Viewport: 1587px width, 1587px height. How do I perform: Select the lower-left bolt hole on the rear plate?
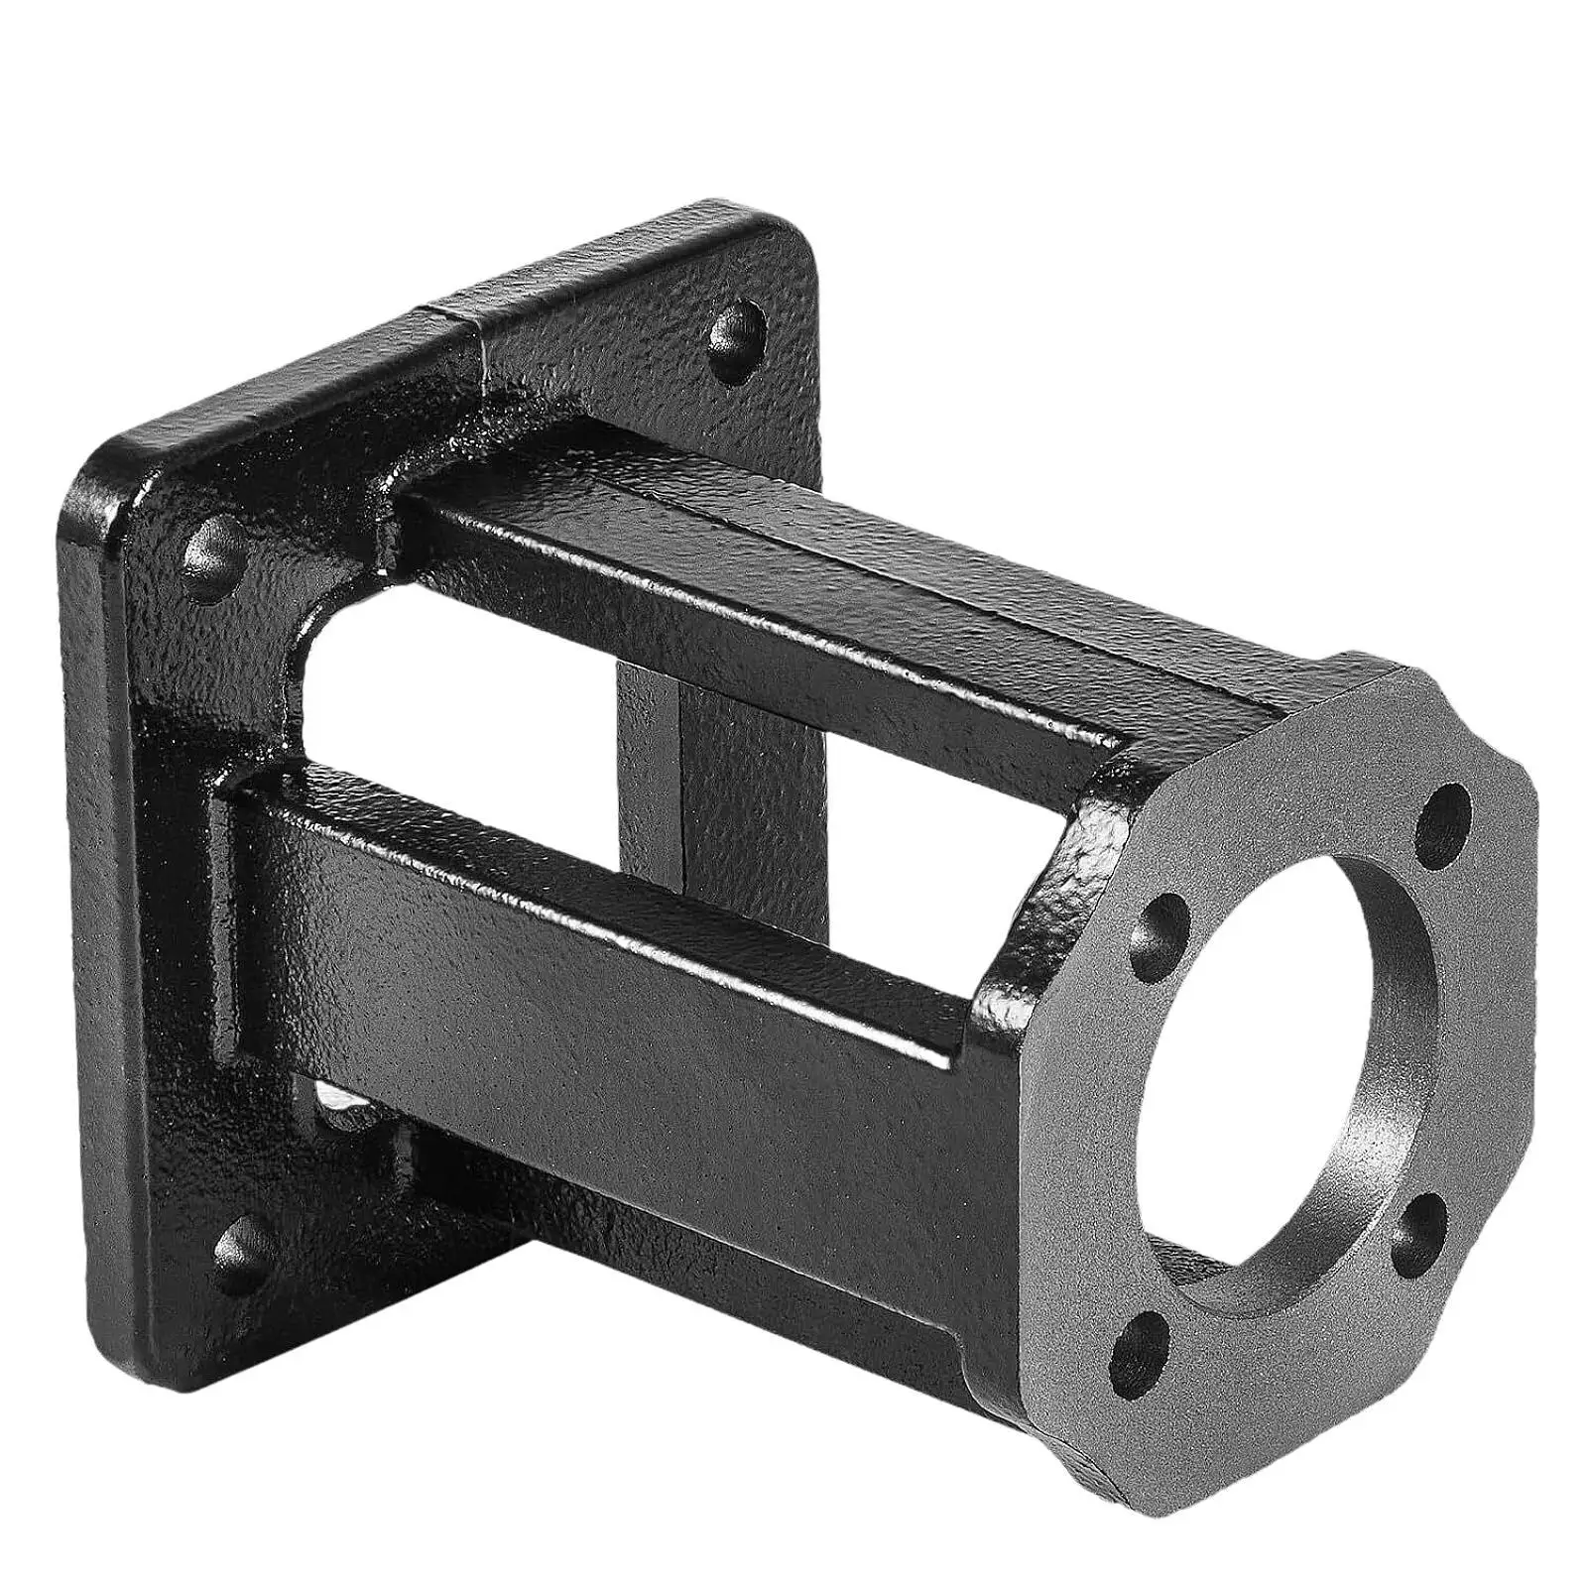point(241,1246)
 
